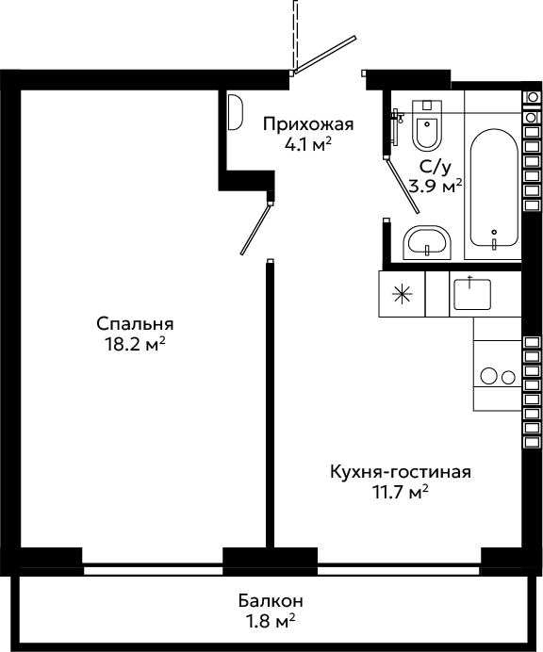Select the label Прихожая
[x=308, y=124]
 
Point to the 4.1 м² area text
[x=308, y=144]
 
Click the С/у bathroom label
[x=436, y=167]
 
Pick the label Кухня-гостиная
[x=401, y=472]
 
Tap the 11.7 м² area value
[x=401, y=493]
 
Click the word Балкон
[x=271, y=601]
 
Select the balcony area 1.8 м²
[x=271, y=622]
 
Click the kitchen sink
[x=472, y=294]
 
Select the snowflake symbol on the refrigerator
[x=403, y=294]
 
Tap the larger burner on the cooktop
[x=489, y=377]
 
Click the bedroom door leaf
[x=255, y=229]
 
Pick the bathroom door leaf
[x=403, y=185]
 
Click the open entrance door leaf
[x=325, y=56]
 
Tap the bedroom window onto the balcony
[x=153, y=570]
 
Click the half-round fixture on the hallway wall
[x=235, y=112]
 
